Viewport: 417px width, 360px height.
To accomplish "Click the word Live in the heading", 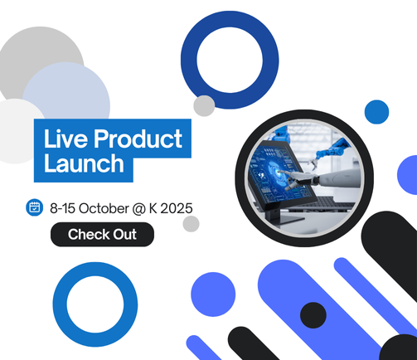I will tap(65, 137).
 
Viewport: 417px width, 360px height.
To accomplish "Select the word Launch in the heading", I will tap(84, 163).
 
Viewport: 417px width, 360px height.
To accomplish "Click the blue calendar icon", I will tap(34, 207).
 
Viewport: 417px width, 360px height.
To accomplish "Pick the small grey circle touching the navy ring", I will tap(204, 105).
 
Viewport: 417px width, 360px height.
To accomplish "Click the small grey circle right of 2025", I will tap(192, 223).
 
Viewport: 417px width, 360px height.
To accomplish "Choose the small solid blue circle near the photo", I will tap(376, 111).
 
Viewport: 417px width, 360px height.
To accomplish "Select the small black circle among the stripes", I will tap(313, 314).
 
